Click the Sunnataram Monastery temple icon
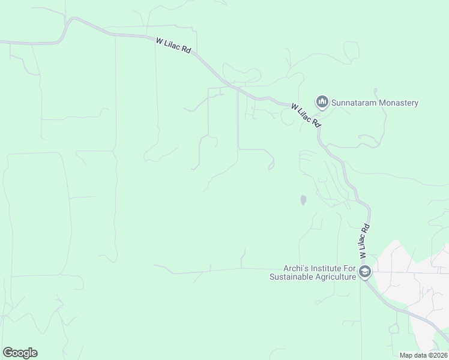point(322,102)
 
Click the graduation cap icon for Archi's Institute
point(364,272)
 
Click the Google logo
point(20,353)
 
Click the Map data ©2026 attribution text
point(423,355)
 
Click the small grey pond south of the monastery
point(303,200)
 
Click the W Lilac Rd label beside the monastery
point(306,115)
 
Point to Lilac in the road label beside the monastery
point(306,115)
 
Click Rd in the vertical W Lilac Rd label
point(364,227)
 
